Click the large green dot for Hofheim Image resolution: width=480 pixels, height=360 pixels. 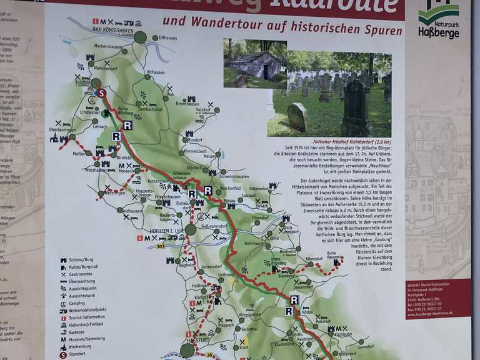[191, 229]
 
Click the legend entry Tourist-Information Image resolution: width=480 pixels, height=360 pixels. [87, 317]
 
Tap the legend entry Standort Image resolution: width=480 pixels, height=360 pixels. [79, 354]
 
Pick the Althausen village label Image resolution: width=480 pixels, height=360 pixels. [156, 72]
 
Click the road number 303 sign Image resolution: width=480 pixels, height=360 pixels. [161, 246]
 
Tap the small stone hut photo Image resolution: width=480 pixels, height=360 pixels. [254, 64]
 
